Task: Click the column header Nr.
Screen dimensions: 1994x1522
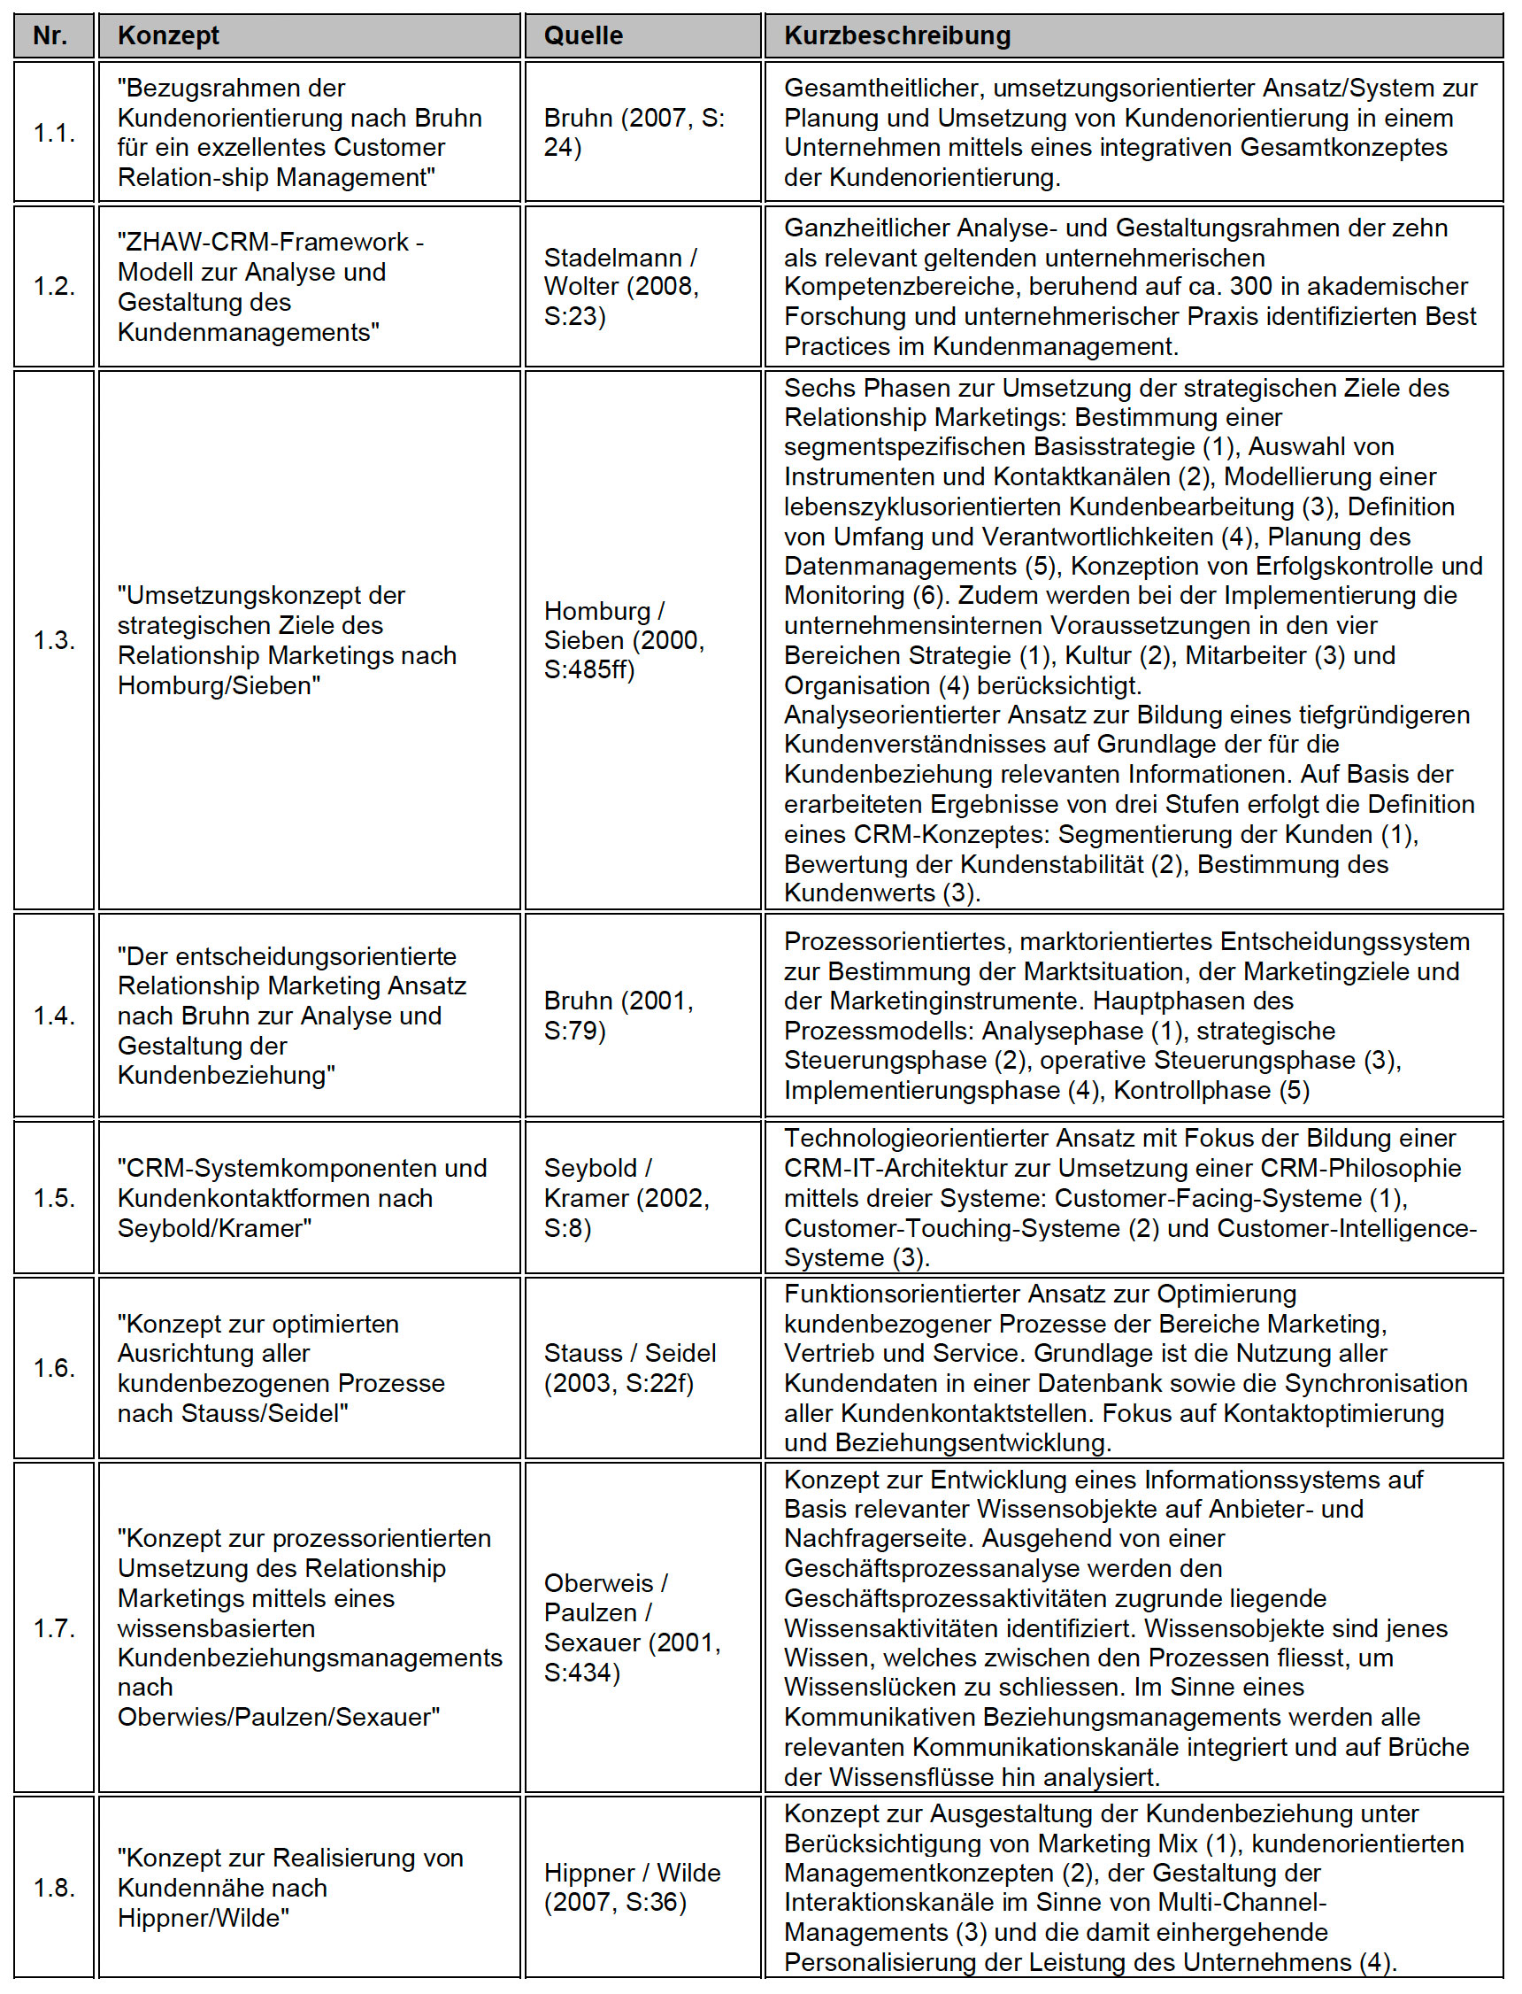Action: pyautogui.click(x=50, y=36)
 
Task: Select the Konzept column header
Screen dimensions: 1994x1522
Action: pyautogui.click(x=168, y=36)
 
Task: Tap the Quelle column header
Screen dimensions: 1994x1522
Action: pyautogui.click(x=583, y=36)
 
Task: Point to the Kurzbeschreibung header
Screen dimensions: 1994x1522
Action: pyautogui.click(x=897, y=36)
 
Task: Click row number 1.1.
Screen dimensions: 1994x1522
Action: pyautogui.click(x=53, y=132)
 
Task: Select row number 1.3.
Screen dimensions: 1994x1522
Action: pyautogui.click(x=53, y=640)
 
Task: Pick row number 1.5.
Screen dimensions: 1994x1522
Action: pyautogui.click(x=53, y=1197)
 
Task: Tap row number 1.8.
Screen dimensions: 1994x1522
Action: pyautogui.click(x=53, y=1887)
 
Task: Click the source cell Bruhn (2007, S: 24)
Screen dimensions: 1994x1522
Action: pyautogui.click(x=634, y=132)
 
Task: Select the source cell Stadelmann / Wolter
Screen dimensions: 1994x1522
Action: pyautogui.click(x=621, y=286)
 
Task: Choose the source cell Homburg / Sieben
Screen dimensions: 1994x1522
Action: pyautogui.click(x=623, y=640)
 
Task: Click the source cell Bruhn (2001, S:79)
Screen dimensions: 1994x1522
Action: pyautogui.click(x=619, y=1015)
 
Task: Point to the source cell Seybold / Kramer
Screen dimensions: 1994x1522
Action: pyautogui.click(x=626, y=1197)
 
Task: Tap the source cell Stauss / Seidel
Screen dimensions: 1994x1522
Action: pyautogui.click(x=630, y=1368)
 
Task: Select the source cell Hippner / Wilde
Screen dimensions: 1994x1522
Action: pyautogui.click(x=633, y=1887)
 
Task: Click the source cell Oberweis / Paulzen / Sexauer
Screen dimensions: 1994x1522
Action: pyautogui.click(x=633, y=1627)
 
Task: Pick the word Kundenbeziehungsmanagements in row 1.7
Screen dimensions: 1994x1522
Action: pyautogui.click(x=310, y=1658)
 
